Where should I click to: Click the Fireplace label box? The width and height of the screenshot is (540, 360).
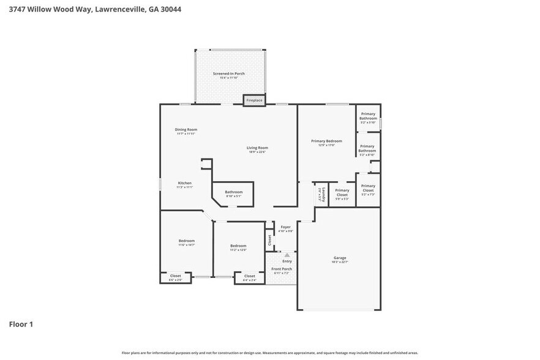click(x=254, y=100)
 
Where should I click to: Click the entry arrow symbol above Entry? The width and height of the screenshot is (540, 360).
click(x=287, y=254)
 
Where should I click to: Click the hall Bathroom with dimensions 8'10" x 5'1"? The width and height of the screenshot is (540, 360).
click(x=233, y=193)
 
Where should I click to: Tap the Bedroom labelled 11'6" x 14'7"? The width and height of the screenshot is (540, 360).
click(x=187, y=242)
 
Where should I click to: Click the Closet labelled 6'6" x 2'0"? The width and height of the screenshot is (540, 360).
click(x=176, y=277)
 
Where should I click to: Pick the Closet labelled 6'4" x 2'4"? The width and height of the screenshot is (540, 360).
click(x=249, y=277)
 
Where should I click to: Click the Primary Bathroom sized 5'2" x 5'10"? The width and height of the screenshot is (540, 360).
click(x=368, y=116)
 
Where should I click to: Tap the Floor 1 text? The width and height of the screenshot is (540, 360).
click(x=21, y=324)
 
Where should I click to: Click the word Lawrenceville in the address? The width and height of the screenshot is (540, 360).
click(x=120, y=9)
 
